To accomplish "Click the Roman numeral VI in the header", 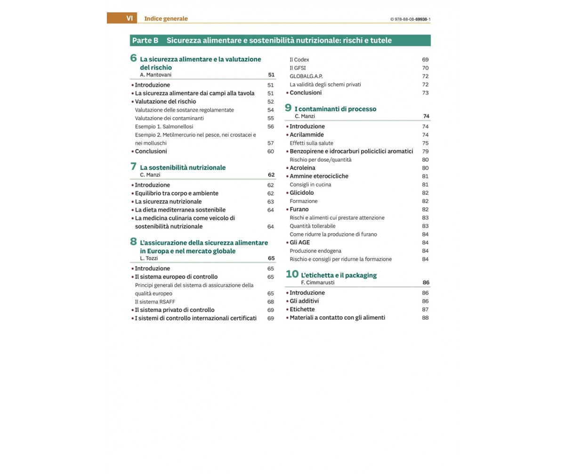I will click(129, 18).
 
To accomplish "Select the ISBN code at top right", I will click(410, 19).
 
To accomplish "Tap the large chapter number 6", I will click(133, 58).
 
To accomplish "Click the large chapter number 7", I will click(133, 166).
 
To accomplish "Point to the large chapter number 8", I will click(134, 242).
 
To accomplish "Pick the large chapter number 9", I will click(288, 108).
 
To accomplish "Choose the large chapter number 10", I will click(292, 274).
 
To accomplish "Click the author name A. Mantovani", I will click(156, 75).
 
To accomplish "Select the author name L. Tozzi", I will click(150, 258).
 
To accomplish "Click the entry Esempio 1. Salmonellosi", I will click(164, 126).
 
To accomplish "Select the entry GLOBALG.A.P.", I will click(306, 76).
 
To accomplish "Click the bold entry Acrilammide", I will click(307, 135).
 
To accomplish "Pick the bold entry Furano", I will click(299, 209).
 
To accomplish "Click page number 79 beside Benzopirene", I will click(425, 151).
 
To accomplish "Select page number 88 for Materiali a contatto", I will click(425, 318).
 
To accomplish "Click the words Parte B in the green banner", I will click(145, 40).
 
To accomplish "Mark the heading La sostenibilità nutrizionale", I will click(183, 167).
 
